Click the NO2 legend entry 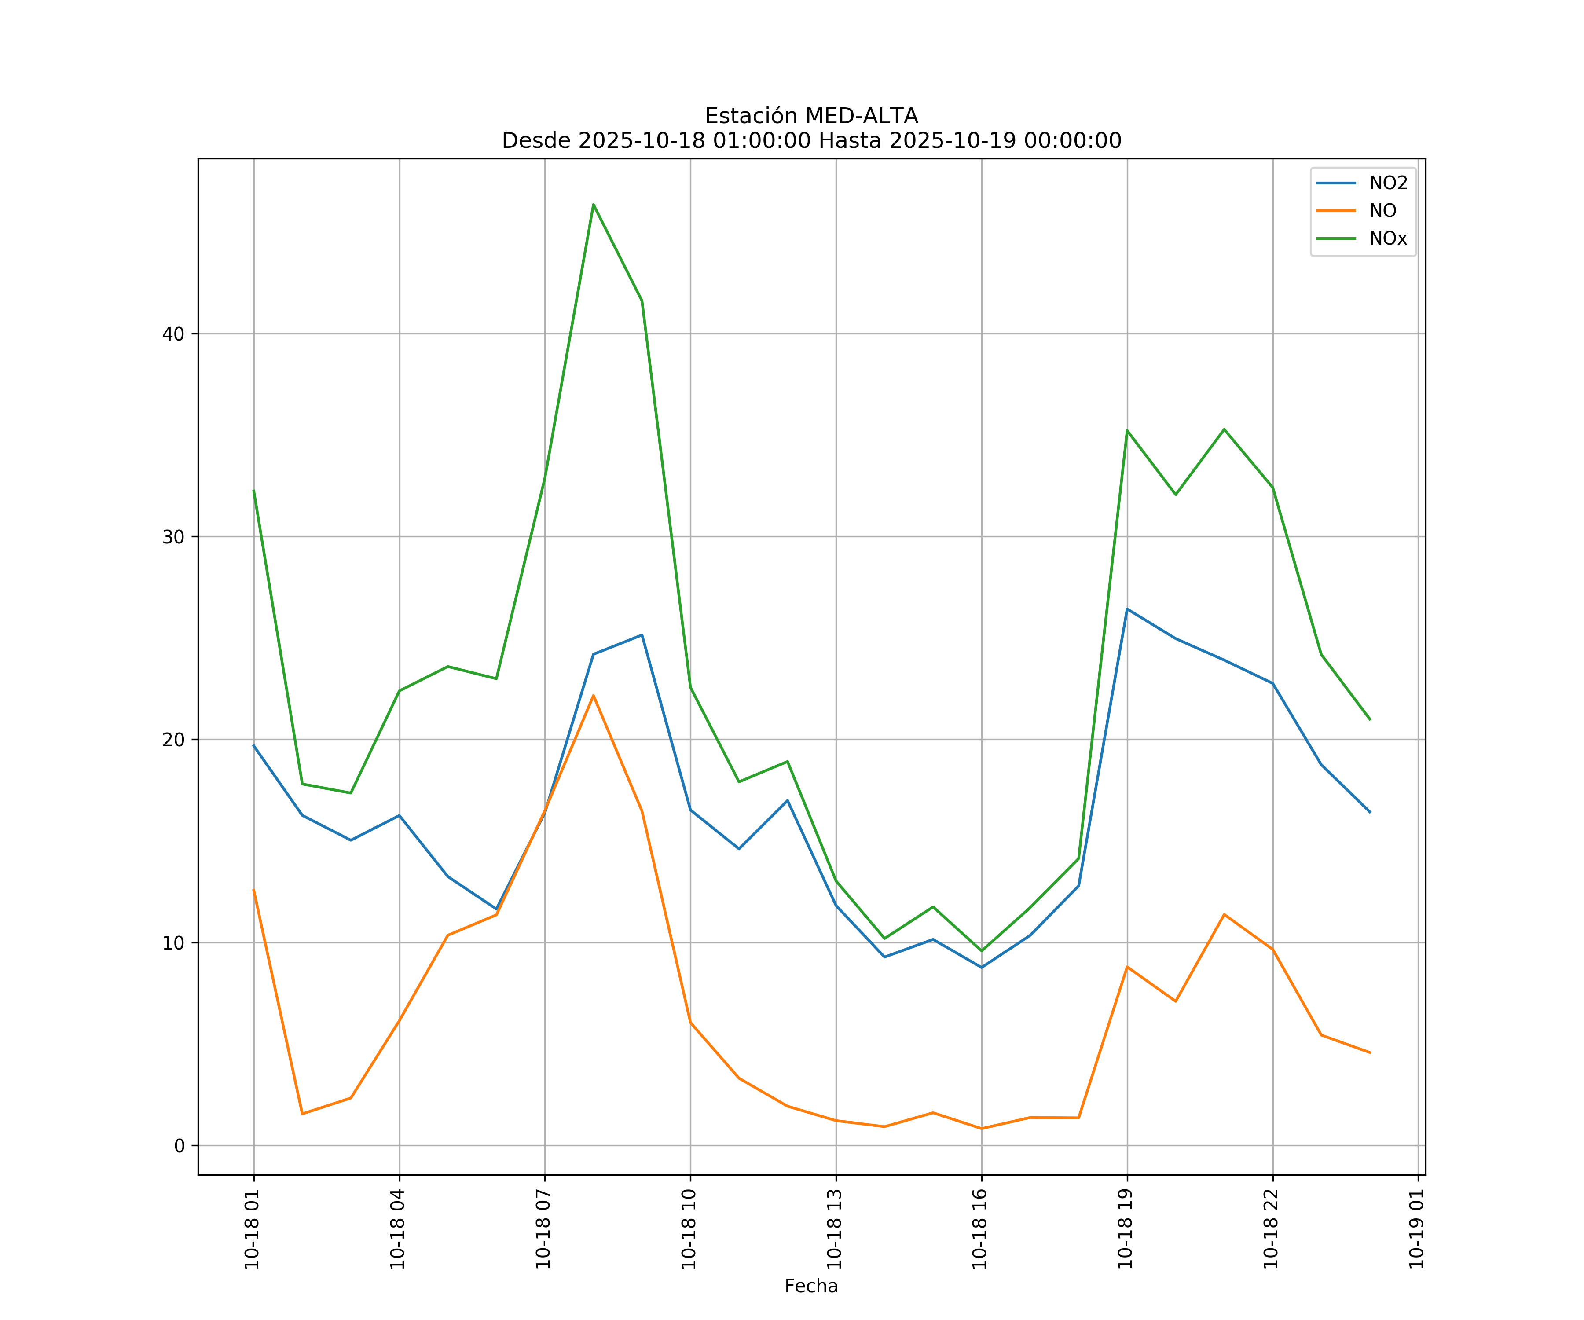click(1388, 183)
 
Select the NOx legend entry click(1388, 239)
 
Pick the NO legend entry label click(1382, 211)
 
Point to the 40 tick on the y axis click(173, 334)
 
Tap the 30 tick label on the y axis click(173, 537)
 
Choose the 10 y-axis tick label click(173, 943)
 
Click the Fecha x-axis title click(811, 1286)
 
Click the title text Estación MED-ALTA click(811, 116)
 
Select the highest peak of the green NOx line click(594, 205)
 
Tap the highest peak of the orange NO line click(594, 696)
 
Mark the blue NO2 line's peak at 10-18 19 click(1127, 609)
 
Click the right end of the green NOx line click(1370, 719)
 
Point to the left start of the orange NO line click(253, 889)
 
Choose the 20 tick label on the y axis click(173, 740)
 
